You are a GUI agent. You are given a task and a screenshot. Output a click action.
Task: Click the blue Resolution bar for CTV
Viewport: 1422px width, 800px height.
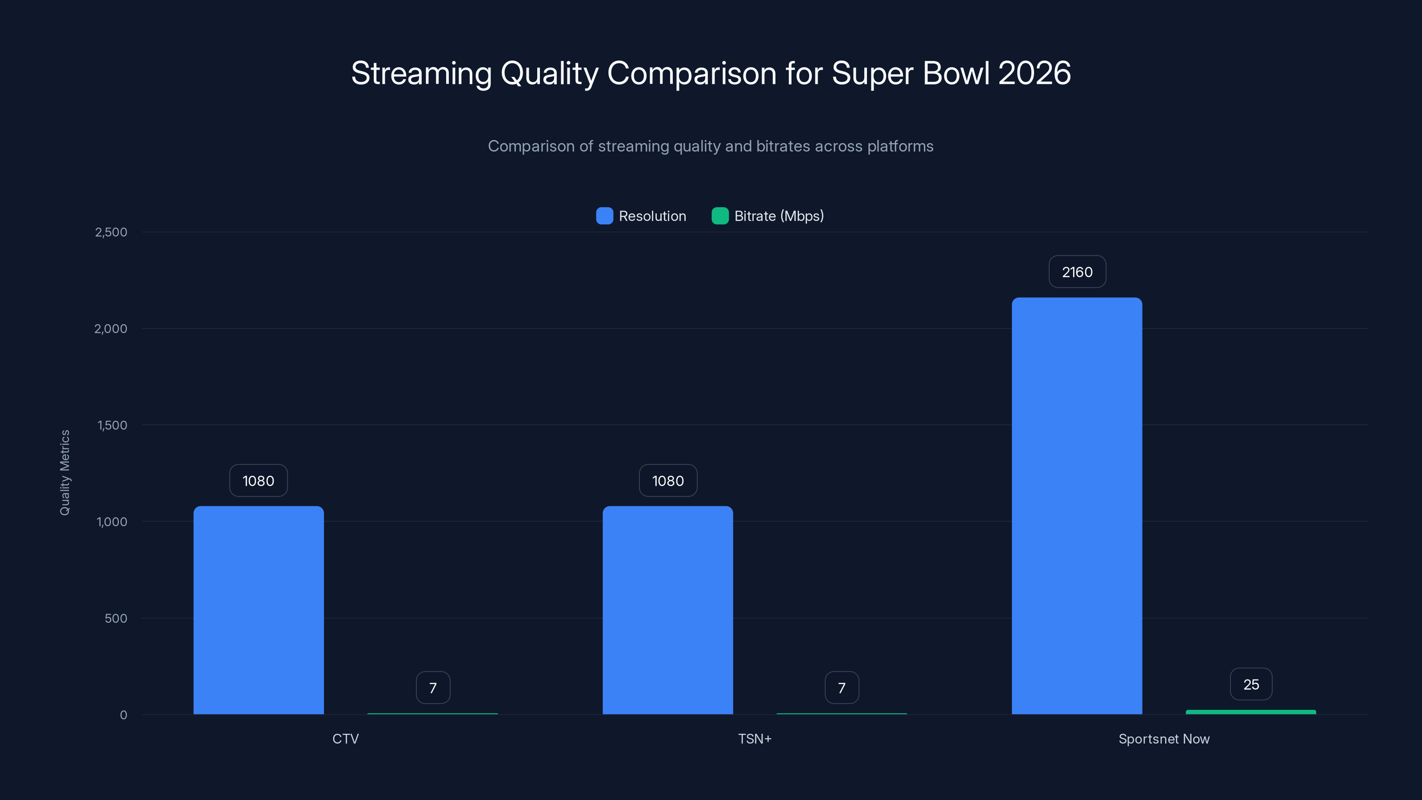point(258,610)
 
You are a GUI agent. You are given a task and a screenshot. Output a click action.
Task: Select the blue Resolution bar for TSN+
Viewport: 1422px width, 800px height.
point(667,610)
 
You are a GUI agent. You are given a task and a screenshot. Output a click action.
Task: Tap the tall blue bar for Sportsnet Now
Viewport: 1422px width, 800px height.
point(1076,505)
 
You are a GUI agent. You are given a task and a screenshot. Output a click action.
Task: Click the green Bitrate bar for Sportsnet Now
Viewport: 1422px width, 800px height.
point(1250,712)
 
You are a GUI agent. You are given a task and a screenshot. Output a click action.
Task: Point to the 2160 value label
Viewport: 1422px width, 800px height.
point(1077,272)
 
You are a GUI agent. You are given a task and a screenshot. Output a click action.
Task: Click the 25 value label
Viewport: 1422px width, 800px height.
point(1251,684)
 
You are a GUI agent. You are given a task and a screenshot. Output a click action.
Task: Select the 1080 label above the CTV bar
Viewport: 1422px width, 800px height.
point(258,480)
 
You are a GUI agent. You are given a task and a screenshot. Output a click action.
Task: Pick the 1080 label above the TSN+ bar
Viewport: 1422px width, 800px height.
point(668,480)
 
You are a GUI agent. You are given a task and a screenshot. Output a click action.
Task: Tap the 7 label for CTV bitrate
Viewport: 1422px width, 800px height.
point(433,688)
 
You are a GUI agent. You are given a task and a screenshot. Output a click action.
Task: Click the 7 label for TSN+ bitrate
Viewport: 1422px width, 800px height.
point(841,688)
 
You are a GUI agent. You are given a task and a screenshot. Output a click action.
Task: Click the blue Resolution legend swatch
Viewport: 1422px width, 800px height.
point(604,216)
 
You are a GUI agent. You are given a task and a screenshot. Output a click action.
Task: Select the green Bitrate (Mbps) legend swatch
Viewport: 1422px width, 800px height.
point(720,216)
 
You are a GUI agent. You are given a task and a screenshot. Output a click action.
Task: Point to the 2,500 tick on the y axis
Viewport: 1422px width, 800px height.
point(111,232)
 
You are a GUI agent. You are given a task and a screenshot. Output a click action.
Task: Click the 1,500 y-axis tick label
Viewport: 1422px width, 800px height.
point(112,425)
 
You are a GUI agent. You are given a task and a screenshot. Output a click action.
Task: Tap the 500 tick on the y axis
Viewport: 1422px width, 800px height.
point(116,618)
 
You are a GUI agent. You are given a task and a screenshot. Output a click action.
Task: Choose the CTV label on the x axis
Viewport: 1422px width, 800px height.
point(346,739)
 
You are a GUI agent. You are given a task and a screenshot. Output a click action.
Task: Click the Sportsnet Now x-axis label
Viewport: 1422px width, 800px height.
point(1164,739)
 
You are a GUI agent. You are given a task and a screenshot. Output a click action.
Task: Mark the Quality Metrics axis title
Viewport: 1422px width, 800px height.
point(64,472)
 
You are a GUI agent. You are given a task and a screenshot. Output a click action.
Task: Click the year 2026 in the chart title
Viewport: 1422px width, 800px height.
point(1034,73)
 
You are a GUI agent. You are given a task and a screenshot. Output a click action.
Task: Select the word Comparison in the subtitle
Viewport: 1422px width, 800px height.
point(531,146)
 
